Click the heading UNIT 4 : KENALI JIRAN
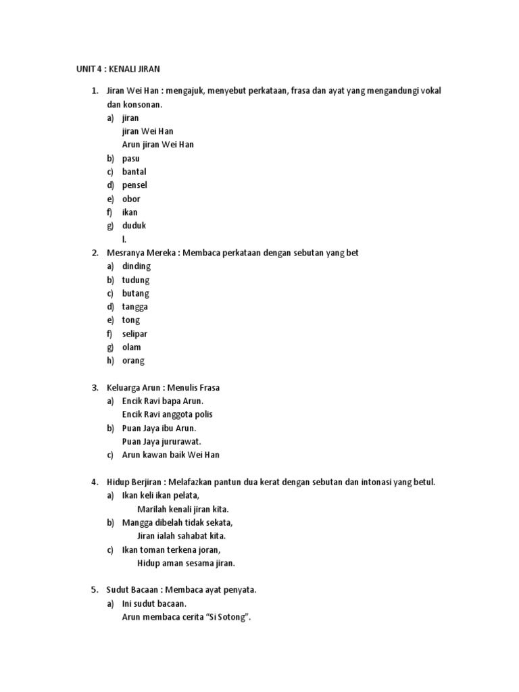(x=117, y=69)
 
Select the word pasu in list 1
(x=131, y=158)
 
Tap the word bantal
(x=134, y=172)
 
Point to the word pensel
(x=134, y=185)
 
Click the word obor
(x=131, y=199)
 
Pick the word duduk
(x=134, y=226)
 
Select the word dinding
(x=136, y=266)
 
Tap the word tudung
(x=136, y=280)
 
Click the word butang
(x=135, y=293)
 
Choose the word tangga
(x=135, y=307)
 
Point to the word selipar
(x=134, y=334)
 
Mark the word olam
(x=132, y=347)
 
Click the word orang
(x=133, y=361)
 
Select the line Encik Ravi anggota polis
(x=167, y=414)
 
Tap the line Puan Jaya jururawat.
(x=162, y=441)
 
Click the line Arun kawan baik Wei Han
(x=170, y=455)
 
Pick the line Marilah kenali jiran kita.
(x=187, y=509)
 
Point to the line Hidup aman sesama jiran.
(x=186, y=563)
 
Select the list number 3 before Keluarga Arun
(x=95, y=388)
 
